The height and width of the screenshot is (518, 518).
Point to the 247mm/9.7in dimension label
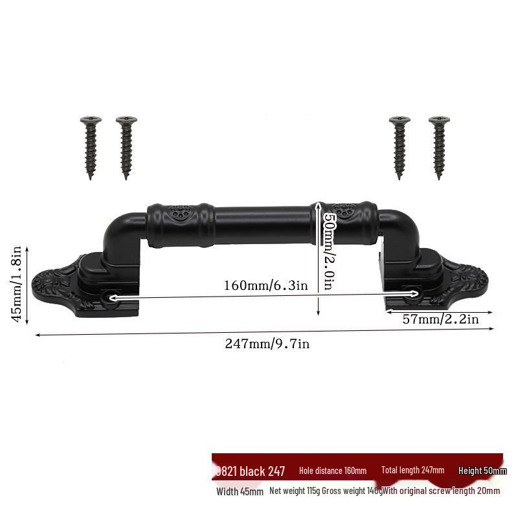(267, 344)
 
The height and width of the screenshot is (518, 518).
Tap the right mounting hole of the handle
(414, 295)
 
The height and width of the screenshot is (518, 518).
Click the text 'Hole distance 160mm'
(333, 471)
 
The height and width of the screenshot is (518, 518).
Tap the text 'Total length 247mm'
(412, 471)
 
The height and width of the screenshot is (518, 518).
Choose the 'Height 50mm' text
(482, 471)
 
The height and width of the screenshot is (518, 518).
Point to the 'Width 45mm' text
(240, 491)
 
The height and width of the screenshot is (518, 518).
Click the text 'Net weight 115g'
(294, 491)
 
